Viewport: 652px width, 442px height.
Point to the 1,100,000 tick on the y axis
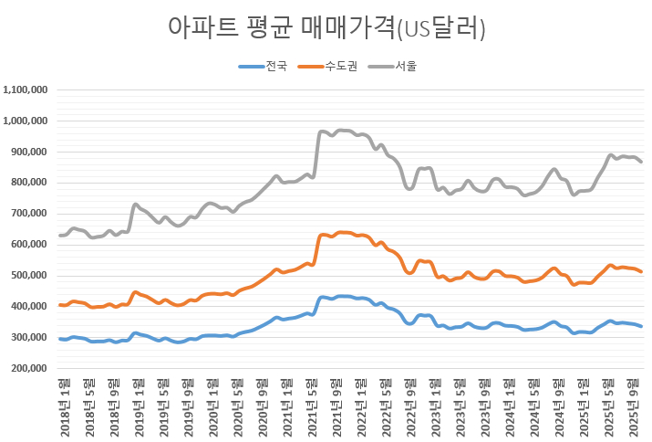click(27, 90)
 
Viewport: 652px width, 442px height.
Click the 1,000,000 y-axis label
click(27, 121)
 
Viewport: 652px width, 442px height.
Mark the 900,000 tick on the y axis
click(31, 153)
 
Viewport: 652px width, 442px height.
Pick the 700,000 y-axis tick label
click(31, 215)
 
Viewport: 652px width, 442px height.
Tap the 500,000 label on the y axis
click(31, 276)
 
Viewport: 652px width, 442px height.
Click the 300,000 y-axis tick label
click(31, 338)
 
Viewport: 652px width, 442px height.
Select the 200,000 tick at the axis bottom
click(31, 369)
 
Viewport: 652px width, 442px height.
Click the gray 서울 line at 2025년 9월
click(641, 162)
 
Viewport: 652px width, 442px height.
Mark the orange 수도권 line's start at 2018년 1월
click(60, 305)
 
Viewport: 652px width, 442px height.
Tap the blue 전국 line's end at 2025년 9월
click(641, 326)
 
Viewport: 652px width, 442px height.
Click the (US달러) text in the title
click(440, 29)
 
